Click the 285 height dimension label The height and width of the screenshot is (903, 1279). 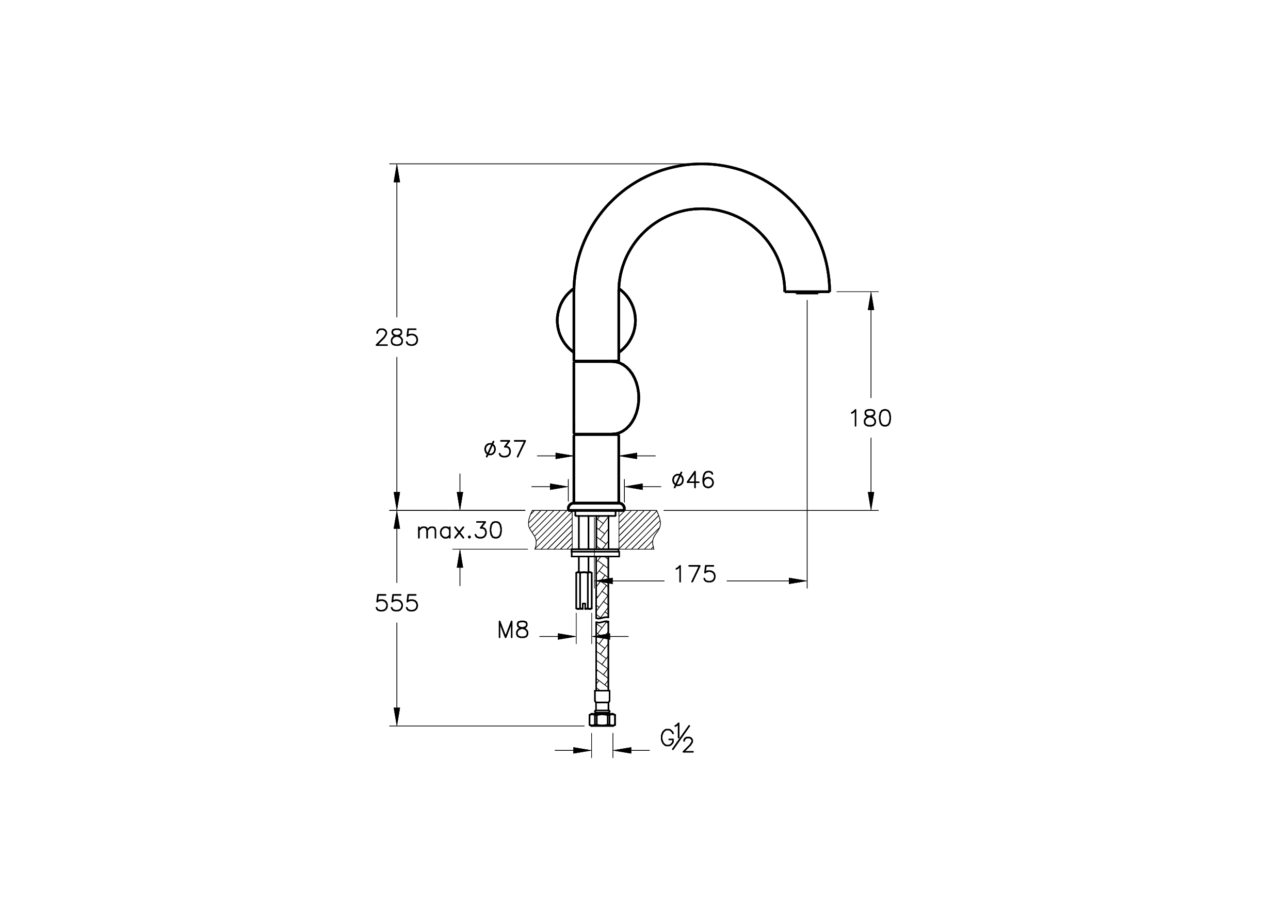point(397,337)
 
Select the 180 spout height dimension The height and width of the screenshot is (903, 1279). point(870,418)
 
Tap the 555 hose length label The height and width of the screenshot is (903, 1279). point(397,603)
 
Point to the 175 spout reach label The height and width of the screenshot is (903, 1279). point(695,574)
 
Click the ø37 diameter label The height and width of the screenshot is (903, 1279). point(505,449)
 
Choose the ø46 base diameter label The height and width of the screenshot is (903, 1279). point(693,480)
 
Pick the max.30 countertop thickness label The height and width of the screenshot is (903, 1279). point(460,530)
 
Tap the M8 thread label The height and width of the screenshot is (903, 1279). point(513,630)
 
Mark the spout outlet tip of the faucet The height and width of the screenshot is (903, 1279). point(807,291)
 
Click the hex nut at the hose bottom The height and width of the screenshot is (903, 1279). point(602,720)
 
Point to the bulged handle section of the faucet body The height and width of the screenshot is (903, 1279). point(606,397)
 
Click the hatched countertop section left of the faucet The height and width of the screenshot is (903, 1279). point(550,530)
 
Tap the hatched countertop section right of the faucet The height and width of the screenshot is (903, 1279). point(640,530)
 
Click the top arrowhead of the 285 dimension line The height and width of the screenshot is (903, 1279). point(397,173)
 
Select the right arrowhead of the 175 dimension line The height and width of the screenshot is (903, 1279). point(798,581)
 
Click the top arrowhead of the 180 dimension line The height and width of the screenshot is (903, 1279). point(871,301)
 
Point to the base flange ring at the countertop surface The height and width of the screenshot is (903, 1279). point(596,506)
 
